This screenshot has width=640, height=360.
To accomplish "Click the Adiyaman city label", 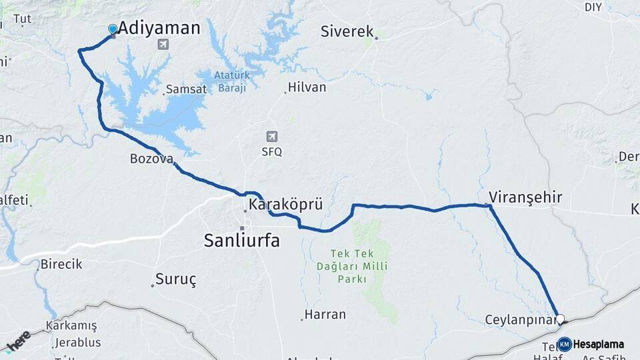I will (159, 28).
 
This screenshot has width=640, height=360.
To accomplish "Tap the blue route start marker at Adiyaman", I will (113, 29).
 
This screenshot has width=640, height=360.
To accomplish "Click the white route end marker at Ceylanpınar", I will (560, 319).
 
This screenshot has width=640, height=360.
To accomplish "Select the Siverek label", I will (347, 31).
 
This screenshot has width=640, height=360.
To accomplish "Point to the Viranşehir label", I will (525, 197).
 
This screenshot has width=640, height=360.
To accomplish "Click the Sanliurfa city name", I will (241, 241).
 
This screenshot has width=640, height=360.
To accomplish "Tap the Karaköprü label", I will (285, 205).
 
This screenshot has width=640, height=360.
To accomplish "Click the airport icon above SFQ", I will (271, 137).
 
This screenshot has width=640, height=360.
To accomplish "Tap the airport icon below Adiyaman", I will (162, 45).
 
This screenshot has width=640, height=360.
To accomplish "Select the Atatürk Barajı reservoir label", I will (231, 82).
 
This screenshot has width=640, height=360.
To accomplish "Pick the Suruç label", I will (176, 279).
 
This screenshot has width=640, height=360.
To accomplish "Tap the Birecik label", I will (61, 264).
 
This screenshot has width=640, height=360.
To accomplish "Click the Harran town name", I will (325, 314).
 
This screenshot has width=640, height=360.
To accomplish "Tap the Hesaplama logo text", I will (599, 345).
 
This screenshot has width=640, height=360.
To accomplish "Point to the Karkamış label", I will (71, 326).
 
